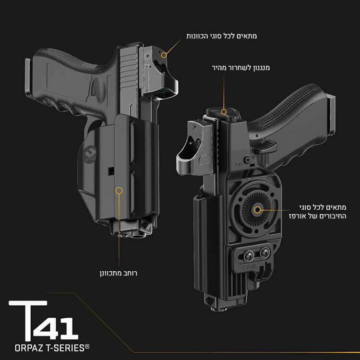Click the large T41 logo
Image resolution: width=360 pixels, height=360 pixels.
(43, 320)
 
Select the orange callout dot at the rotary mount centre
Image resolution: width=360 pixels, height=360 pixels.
(257, 210)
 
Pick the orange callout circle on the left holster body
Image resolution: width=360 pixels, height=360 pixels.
(119, 191)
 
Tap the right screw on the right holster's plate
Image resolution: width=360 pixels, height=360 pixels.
(266, 251)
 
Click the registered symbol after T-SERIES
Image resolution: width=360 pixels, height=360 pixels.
(87, 345)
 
